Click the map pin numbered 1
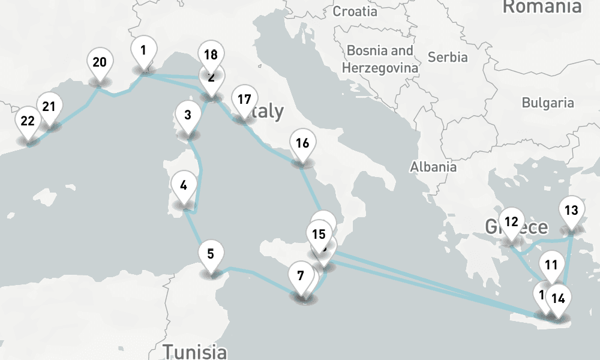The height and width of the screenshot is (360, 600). (x=143, y=50)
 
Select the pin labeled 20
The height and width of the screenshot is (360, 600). (x=100, y=62)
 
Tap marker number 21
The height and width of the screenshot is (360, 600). (x=49, y=107)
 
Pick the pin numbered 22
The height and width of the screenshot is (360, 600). (x=28, y=121)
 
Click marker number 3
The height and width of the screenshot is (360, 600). (x=188, y=115)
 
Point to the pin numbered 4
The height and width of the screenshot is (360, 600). (x=183, y=185)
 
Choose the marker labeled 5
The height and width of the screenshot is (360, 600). (x=210, y=254)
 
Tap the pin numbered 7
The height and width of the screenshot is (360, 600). (x=300, y=276)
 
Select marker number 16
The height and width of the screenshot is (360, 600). (x=302, y=143)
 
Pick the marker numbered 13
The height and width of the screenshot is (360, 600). (x=571, y=211)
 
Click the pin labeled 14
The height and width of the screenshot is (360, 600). (x=558, y=298)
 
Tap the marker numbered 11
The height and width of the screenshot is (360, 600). (x=551, y=265)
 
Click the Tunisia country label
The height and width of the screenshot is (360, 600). (x=196, y=351)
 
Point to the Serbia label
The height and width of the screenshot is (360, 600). (x=448, y=57)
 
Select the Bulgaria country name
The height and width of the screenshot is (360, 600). (x=547, y=103)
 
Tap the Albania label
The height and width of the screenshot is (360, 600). (x=433, y=167)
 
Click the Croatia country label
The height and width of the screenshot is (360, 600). (x=355, y=11)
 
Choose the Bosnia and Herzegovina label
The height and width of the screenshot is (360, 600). (x=380, y=59)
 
